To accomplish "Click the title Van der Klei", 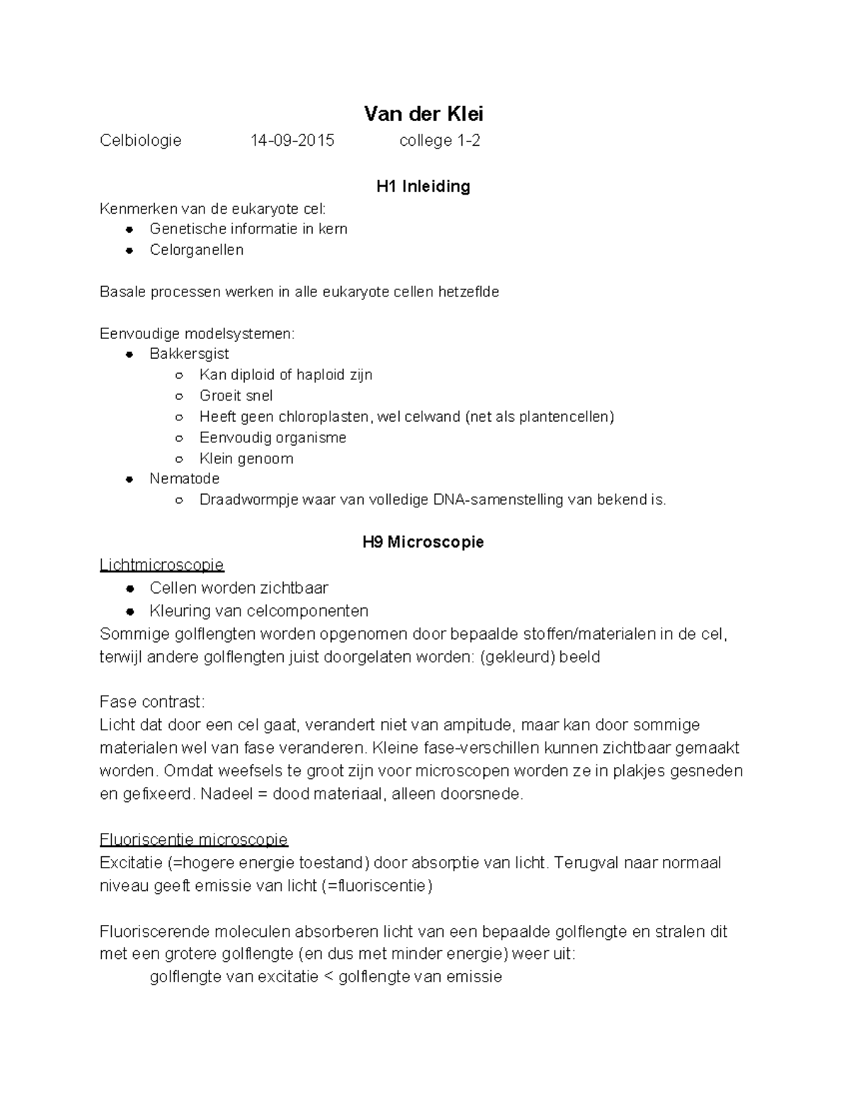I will point(423,113).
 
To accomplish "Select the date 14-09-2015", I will point(292,140).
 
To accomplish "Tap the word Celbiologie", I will point(140,140).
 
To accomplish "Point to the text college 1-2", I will point(439,140).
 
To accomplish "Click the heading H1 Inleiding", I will point(423,186).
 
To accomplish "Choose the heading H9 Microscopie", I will point(423,542).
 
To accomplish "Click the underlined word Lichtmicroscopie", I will point(161,565).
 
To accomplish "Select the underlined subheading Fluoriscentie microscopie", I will point(194,839).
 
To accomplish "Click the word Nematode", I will point(184,478).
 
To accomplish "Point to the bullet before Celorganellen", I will point(129,251).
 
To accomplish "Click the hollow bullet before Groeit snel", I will point(180,396).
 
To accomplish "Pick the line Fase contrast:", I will point(151,702).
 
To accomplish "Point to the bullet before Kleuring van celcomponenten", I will point(129,611).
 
